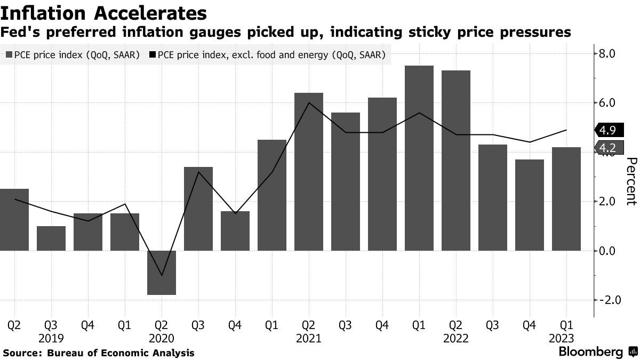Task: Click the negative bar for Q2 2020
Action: pos(162,273)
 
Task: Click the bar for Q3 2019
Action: pos(51,238)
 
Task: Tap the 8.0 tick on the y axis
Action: pos(608,54)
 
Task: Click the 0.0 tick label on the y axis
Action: pos(608,251)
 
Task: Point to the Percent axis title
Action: pos(631,181)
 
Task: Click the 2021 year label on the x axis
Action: pos(309,338)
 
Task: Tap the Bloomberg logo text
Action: pos(590,352)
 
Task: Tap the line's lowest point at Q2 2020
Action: pos(162,276)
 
